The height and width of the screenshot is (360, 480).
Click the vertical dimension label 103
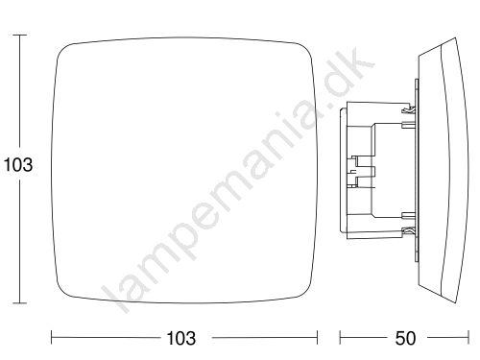[x=18, y=165]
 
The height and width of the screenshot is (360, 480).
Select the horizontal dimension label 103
[x=181, y=338]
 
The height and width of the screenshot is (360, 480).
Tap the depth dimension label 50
[x=405, y=338]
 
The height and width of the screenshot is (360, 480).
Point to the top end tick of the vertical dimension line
[x=19, y=35]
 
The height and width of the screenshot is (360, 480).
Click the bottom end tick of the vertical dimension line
[x=19, y=302]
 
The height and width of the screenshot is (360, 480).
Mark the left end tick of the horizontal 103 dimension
[x=52, y=338]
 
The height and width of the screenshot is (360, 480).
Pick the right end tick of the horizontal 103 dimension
[x=317, y=338]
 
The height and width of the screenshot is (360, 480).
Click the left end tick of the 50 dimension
[x=340, y=338]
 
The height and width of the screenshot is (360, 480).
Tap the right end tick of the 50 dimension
[x=468, y=338]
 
